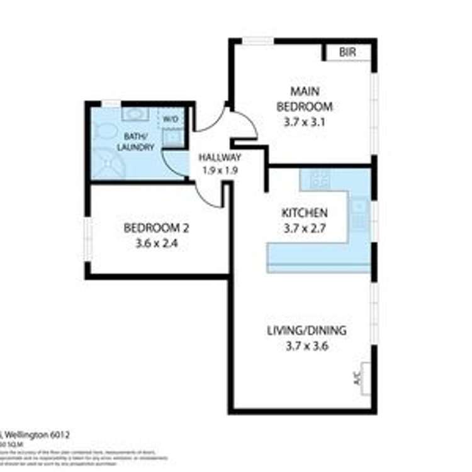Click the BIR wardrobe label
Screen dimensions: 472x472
coord(347,52)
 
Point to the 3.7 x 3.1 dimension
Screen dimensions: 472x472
coord(305,123)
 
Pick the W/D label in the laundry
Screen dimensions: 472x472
coord(171,119)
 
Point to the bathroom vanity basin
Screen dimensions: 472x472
coord(133,114)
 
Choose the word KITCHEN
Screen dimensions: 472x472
coord(304,213)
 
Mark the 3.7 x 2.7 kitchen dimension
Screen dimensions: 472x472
coord(304,229)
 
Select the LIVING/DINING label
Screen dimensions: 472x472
coord(306,330)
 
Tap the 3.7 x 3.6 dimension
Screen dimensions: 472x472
coord(306,346)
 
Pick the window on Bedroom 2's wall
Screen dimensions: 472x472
coord(89,239)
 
